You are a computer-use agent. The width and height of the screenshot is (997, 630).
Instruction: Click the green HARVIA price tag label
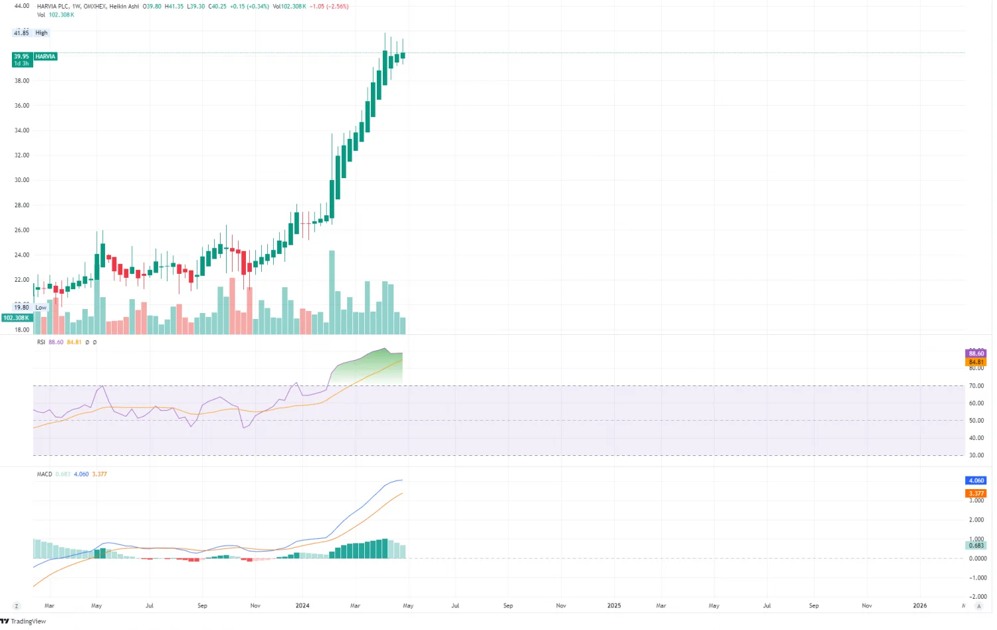(45, 56)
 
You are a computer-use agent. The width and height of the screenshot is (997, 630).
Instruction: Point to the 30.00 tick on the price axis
(22, 180)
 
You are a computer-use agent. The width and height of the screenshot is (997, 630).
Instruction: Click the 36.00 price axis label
(22, 106)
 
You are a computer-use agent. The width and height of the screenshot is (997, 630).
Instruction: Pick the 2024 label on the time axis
(302, 605)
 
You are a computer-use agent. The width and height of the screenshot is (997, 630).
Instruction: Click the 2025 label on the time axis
(614, 605)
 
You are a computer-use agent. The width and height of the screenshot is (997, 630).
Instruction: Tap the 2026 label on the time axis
(920, 605)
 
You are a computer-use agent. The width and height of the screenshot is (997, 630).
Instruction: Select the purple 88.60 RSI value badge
(976, 354)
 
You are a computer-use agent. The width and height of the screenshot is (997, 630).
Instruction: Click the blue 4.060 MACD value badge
(976, 480)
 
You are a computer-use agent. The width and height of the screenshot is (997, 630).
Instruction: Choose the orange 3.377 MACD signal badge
(976, 493)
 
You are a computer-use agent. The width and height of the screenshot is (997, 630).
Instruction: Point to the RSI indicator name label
(41, 342)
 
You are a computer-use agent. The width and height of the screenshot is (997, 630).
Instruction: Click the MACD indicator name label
(45, 474)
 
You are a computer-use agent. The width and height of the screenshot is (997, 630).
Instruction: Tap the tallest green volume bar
(332, 292)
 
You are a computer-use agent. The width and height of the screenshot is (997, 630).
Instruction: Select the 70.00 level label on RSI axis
(976, 386)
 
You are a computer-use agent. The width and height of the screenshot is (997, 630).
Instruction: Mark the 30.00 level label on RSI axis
(976, 455)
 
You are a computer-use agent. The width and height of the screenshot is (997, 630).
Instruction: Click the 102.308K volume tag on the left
(17, 318)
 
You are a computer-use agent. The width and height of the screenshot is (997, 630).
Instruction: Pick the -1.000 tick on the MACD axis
(977, 577)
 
